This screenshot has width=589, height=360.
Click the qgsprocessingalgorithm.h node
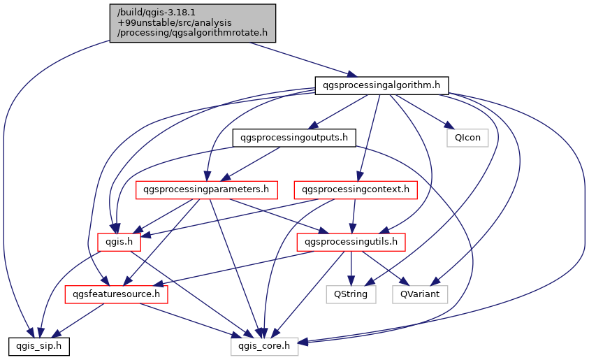pyautogui.click(x=381, y=85)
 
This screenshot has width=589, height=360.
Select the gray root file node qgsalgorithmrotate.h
pyautogui.click(x=193, y=23)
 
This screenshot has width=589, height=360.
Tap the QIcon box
pyautogui.click(x=467, y=138)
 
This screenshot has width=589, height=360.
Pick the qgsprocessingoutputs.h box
pyautogui.click(x=294, y=138)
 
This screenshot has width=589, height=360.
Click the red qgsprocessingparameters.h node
pyautogui.click(x=206, y=189)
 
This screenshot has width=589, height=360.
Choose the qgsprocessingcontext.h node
pyautogui.click(x=356, y=189)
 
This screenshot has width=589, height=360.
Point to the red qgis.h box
pyautogui.click(x=119, y=243)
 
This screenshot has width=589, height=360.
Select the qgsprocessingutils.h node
pyautogui.click(x=351, y=243)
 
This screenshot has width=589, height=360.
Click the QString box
pyautogui.click(x=351, y=294)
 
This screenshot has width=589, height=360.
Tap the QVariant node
pyautogui.click(x=419, y=294)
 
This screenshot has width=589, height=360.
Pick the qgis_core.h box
pyautogui.click(x=265, y=345)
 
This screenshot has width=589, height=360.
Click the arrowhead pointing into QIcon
pyautogui.click(x=445, y=127)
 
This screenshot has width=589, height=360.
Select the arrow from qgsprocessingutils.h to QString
pyautogui.click(x=351, y=268)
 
